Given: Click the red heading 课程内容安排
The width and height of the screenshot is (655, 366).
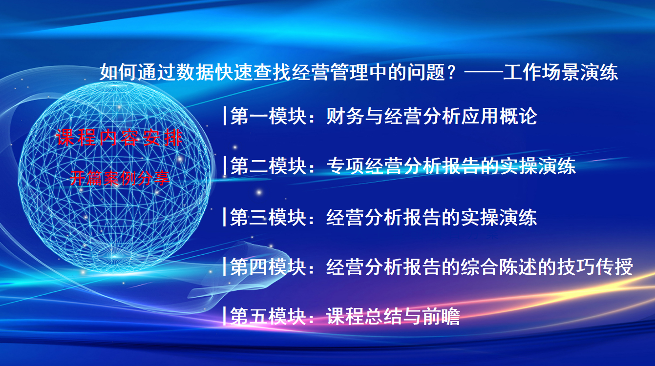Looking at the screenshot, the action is pos(119,138).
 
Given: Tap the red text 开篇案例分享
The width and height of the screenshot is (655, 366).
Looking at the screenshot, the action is pos(120,178).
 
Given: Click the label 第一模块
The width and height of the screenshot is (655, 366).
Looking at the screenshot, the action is pos(268,116).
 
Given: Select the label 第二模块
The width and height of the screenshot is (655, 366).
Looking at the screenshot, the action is pos(268,166).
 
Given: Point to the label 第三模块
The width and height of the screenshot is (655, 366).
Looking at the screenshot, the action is pos(268,217).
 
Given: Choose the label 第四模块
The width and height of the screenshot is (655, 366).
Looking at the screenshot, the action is pos(268,266).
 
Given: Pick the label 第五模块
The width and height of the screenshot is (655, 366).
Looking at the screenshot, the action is pos(268,316).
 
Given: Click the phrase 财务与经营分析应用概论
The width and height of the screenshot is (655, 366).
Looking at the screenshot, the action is pos(432,116).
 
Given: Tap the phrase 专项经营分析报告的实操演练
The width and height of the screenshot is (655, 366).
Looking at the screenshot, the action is pos(451,166).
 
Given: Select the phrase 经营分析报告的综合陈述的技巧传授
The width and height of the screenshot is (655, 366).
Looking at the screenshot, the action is pos(480,266).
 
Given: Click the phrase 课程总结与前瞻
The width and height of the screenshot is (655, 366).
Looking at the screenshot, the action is pos(393,316).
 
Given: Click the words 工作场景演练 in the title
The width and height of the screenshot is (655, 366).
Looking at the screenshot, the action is pos(561,72).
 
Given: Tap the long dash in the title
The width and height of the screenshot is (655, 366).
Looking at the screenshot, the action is pos(484,72).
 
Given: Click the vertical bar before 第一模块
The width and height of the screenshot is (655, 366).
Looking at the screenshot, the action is pos(225,116).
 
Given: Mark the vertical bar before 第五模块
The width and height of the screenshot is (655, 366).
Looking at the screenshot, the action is pos(225,316).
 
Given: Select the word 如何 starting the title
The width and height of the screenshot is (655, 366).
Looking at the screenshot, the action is pos(118,72).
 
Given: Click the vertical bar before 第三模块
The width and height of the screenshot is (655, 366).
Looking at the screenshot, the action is pos(225,217).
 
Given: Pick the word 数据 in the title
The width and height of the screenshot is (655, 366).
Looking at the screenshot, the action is pos(195,72).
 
